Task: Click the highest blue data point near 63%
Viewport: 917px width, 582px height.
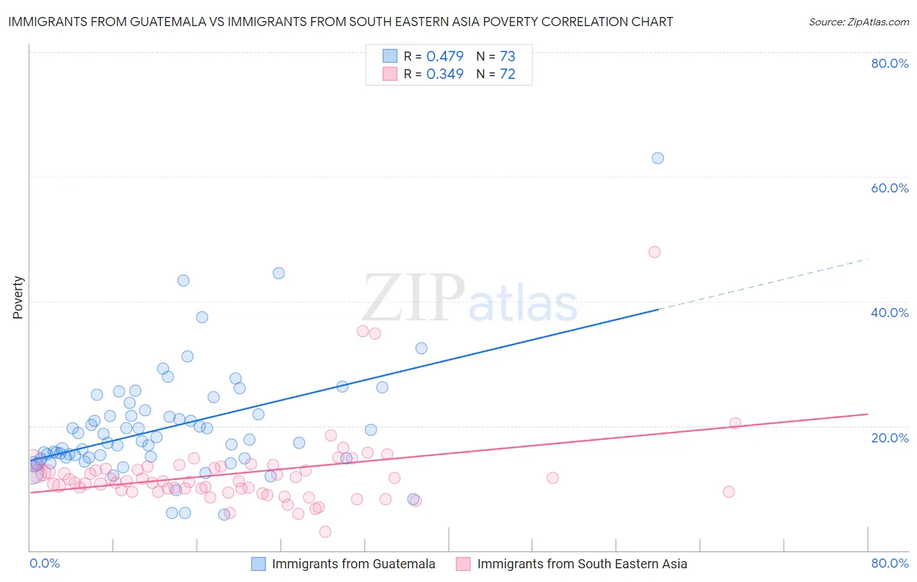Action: [657, 158]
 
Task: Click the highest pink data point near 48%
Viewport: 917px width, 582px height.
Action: [654, 252]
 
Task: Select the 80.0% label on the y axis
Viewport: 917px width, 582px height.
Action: [890, 63]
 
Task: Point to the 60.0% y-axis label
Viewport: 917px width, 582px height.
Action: [890, 188]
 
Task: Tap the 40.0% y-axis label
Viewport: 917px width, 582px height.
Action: [890, 313]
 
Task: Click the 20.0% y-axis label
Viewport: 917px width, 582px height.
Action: [890, 437]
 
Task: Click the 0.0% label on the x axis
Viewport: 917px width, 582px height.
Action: [44, 563]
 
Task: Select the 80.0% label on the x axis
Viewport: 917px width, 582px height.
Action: [890, 563]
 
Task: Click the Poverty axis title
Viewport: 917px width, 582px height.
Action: [18, 298]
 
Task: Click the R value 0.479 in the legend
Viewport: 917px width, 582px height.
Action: [445, 56]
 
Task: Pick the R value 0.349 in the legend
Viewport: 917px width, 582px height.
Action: [445, 74]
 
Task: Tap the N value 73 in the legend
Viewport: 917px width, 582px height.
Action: [507, 56]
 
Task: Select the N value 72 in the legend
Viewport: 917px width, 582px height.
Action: [507, 74]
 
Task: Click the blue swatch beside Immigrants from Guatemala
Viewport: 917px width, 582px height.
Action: [259, 564]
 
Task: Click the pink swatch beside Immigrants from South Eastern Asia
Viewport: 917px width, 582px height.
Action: [463, 564]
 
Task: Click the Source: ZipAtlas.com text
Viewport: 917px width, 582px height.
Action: [858, 22]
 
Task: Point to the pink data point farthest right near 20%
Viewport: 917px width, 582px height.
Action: [735, 423]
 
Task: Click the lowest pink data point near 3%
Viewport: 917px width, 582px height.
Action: [325, 532]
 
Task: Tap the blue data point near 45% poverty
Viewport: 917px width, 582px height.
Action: [278, 273]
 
